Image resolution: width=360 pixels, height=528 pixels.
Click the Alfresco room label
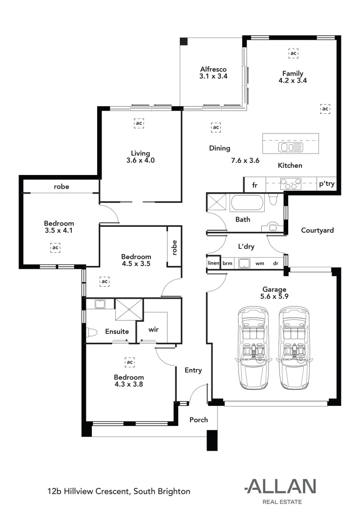coord(213,69)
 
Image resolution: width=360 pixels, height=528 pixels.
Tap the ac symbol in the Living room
coord(139,124)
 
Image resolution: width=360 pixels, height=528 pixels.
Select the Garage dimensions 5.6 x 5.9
coord(274,296)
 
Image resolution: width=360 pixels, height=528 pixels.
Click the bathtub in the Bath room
coord(248,202)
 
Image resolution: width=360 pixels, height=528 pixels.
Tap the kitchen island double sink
coord(284,147)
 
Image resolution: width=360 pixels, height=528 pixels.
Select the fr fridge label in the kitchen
coord(254,186)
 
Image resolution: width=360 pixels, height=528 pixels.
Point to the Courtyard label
coord(317,230)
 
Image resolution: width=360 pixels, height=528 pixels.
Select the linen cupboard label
coord(213,264)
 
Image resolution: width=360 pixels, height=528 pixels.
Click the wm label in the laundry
coord(260,264)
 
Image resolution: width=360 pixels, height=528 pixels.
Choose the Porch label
coord(198,419)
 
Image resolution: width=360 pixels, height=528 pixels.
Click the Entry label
coord(193,370)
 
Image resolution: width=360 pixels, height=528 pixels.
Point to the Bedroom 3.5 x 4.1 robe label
coord(61,186)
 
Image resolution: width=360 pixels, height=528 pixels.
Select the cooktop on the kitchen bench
coord(290,185)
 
